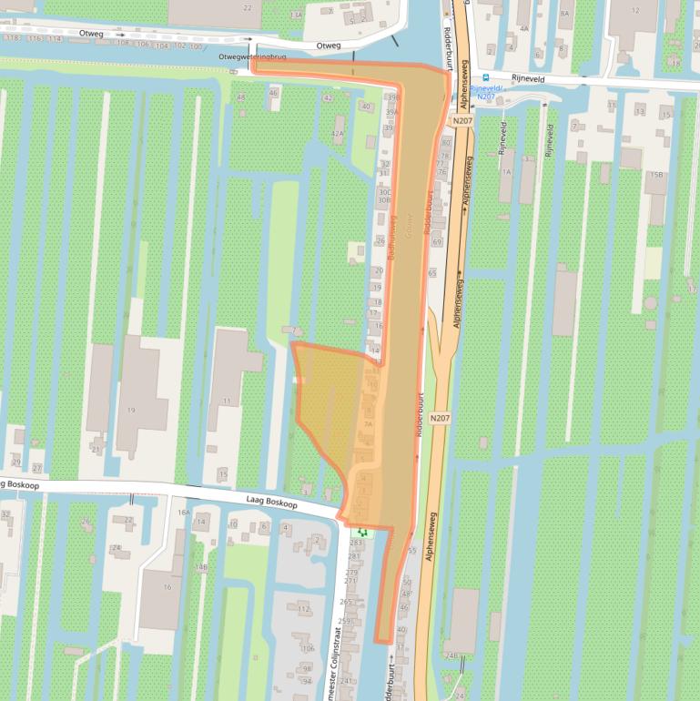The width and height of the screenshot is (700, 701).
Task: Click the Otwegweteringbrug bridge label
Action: point(252,56)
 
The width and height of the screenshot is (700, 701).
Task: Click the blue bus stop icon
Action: point(485,77)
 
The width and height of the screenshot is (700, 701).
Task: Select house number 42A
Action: point(338,134)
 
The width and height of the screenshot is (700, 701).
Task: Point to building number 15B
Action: point(655,175)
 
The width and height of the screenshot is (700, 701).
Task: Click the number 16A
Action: point(184,513)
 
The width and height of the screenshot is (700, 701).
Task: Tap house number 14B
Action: point(201,567)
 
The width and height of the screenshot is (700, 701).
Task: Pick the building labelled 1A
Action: point(506,171)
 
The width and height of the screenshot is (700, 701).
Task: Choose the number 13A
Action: point(296,15)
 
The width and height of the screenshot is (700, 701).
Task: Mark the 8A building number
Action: point(564,14)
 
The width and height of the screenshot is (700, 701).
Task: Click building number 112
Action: point(304,609)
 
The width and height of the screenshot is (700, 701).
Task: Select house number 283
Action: point(355,543)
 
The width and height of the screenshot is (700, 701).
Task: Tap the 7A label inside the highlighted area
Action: point(368,423)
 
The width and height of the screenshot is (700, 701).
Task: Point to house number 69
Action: point(437,242)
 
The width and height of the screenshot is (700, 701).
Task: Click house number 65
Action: point(431,272)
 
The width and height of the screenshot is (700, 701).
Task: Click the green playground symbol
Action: point(362,530)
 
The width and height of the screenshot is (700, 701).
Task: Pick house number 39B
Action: point(392,97)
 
